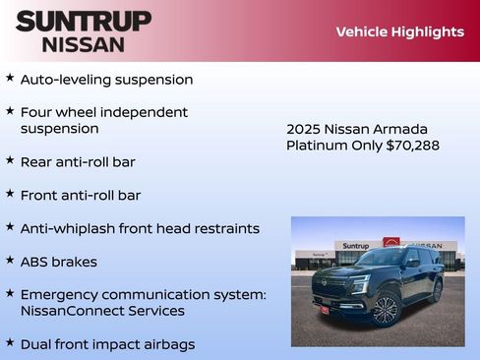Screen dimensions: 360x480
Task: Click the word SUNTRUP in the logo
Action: pyautogui.click(x=84, y=21)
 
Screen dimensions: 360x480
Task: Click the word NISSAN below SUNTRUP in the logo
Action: pyautogui.click(x=84, y=44)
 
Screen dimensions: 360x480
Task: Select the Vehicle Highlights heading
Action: pyautogui.click(x=399, y=31)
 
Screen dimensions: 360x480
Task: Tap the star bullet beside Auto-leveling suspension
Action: pyautogui.click(x=10, y=78)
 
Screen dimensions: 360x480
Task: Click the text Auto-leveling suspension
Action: pyautogui.click(x=106, y=79)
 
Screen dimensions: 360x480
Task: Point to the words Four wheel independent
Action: pyautogui.click(x=103, y=112)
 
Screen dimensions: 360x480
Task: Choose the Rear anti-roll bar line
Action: pyautogui.click(x=78, y=161)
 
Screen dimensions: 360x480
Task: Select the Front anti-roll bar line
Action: pyautogui.click(x=80, y=195)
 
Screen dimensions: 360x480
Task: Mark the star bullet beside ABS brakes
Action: pyautogui.click(x=10, y=261)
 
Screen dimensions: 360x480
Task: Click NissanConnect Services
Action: pyautogui.click(x=101, y=311)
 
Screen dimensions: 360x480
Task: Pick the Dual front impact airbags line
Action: pyautogui.click(x=107, y=344)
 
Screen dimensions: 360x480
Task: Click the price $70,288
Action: pyautogui.click(x=413, y=146)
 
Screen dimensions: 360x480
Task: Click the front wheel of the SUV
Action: pyautogui.click(x=385, y=310)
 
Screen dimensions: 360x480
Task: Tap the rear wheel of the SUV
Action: pyautogui.click(x=437, y=290)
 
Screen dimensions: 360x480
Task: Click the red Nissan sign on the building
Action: pyautogui.click(x=391, y=243)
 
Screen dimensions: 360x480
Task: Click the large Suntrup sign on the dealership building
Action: pyautogui.click(x=354, y=246)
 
